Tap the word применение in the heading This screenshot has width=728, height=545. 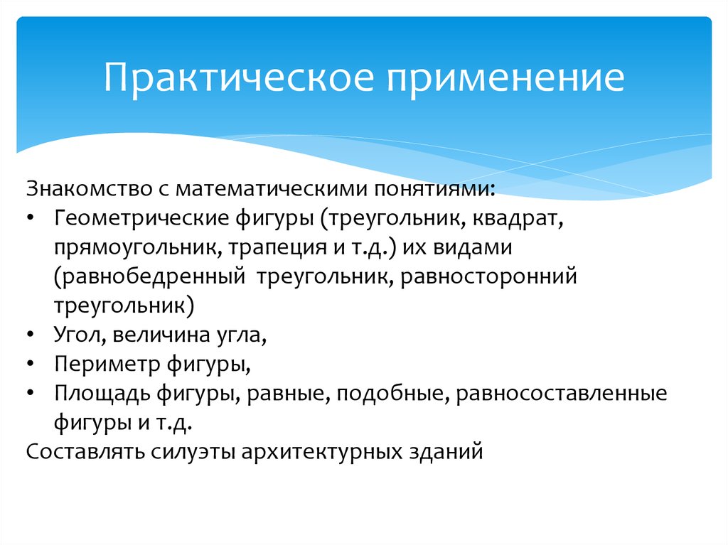[505, 79]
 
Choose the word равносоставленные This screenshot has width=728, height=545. [562, 394]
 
